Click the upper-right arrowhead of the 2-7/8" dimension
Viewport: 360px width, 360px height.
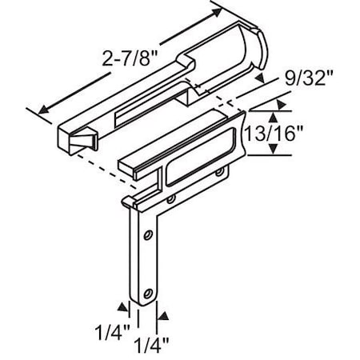tap(220, 14)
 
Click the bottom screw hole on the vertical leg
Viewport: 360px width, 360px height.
tap(146, 293)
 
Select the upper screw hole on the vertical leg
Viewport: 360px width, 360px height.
tap(147, 236)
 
